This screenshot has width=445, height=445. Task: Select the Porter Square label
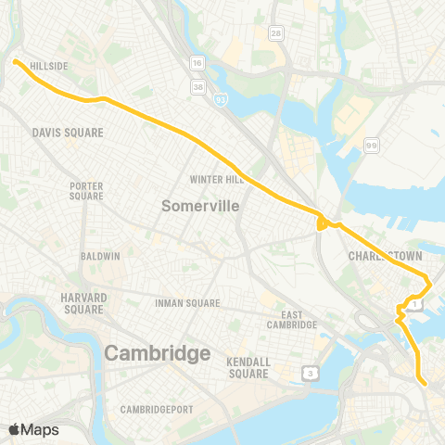coord(86,191)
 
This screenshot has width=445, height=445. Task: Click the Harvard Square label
coord(84,302)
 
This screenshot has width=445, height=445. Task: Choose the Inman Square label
coord(188,303)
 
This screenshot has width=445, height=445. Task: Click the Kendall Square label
coord(248,367)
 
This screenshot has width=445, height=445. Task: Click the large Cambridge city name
coord(157,353)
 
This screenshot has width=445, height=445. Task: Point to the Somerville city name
coord(200,206)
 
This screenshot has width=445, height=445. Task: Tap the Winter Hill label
coord(215,179)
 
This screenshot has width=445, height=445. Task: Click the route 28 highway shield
coord(275,33)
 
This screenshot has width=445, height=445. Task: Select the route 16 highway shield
coord(197,62)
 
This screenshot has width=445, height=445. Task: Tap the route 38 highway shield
coord(197,85)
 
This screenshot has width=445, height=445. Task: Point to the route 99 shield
coord(371,145)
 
